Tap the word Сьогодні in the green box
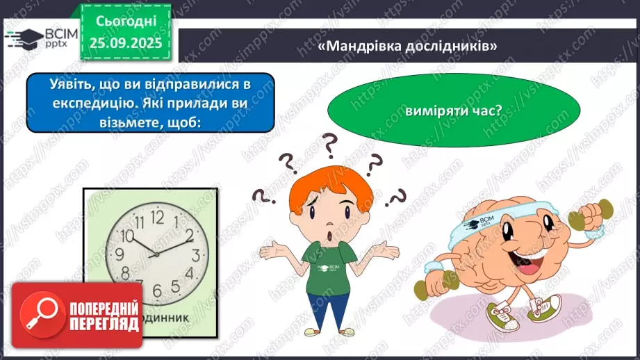(x=126, y=22)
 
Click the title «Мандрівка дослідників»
(x=409, y=46)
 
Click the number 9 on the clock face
(x=120, y=254)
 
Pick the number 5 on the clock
(x=156, y=290)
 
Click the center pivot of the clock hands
(x=156, y=254)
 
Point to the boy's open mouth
(x=328, y=236)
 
